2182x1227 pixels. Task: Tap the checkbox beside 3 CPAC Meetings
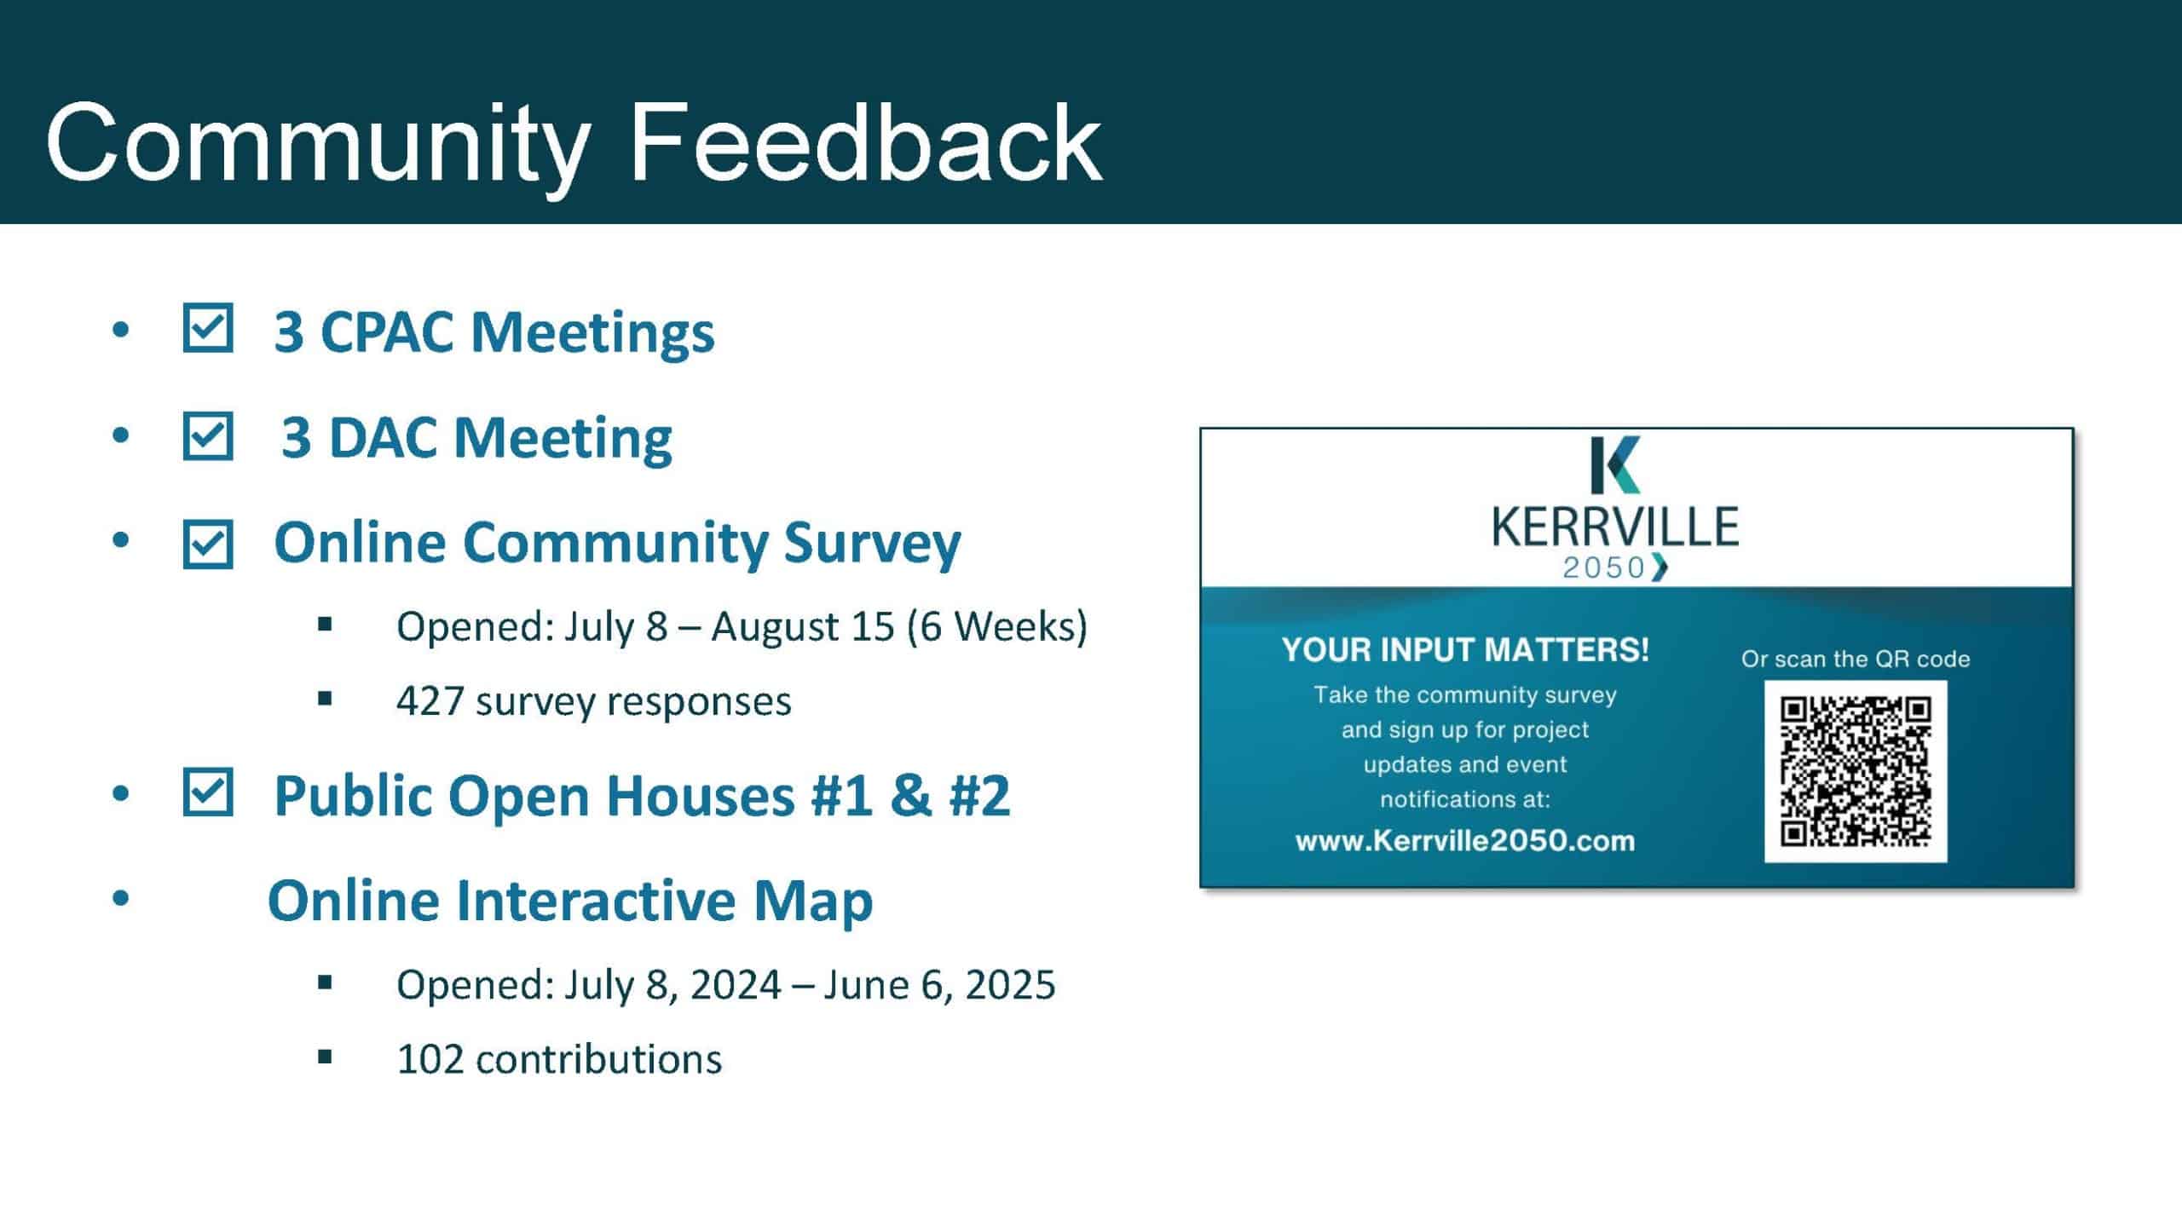pos(208,328)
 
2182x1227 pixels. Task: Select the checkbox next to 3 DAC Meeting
pos(208,436)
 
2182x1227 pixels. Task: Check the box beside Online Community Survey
pos(208,544)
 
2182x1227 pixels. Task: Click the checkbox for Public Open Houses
pos(208,792)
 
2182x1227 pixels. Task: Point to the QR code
pos(1856,771)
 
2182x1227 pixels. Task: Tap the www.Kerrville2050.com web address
pos(1465,841)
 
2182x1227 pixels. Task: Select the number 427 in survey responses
pos(430,701)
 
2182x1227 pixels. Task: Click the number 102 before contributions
pos(430,1059)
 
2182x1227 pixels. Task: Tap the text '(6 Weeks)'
pos(997,626)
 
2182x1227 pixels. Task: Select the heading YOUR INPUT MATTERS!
pos(1465,649)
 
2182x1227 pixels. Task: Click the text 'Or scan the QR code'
pos(1856,659)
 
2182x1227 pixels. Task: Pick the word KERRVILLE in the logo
pos(1615,526)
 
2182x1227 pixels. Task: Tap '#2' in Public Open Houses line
pos(979,796)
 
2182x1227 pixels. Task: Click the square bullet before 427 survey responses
pos(324,700)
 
